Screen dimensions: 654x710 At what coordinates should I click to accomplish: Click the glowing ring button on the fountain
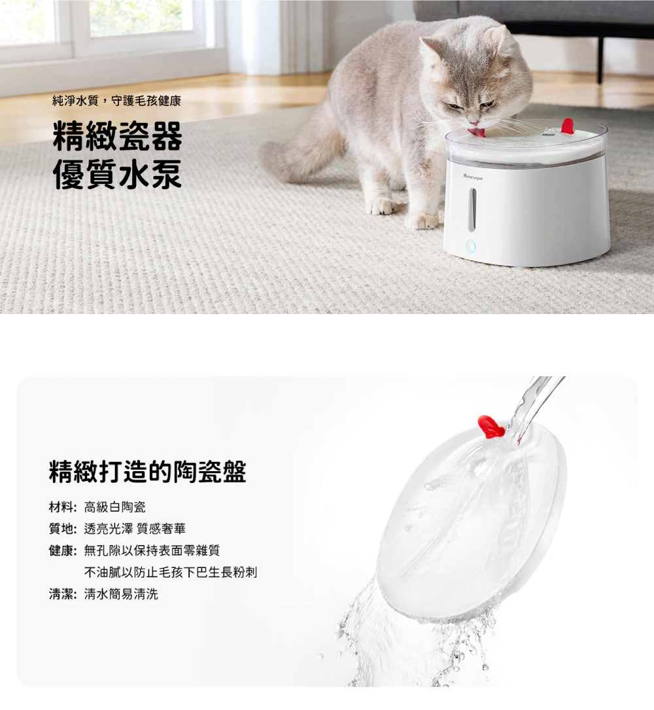click(x=471, y=247)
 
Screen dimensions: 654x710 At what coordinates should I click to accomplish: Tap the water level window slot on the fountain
click(x=472, y=209)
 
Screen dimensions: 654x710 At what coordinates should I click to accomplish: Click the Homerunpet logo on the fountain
click(x=473, y=177)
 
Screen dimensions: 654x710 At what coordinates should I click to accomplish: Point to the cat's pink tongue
click(x=477, y=132)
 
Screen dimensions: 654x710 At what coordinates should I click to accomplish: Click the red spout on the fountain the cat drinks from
click(x=568, y=126)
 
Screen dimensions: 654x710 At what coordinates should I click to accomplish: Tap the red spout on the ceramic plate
click(x=491, y=427)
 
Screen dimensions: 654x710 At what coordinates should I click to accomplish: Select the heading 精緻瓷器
click(x=118, y=136)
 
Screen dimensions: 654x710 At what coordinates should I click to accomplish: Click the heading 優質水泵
click(x=118, y=174)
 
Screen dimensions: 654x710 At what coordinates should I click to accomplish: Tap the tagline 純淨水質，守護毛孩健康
click(x=117, y=101)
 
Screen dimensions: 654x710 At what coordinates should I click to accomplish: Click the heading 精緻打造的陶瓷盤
click(x=148, y=471)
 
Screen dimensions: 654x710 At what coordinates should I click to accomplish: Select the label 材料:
click(x=63, y=507)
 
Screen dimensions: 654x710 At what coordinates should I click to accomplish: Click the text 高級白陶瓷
click(x=115, y=507)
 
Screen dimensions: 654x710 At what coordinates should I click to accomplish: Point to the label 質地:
click(x=63, y=529)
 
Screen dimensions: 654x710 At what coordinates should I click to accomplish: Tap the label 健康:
click(x=63, y=550)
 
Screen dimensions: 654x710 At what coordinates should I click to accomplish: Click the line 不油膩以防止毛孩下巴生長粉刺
click(x=171, y=573)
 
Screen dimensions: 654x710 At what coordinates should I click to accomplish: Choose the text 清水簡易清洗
click(x=121, y=594)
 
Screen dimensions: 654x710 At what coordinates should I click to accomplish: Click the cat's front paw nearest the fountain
click(x=422, y=221)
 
